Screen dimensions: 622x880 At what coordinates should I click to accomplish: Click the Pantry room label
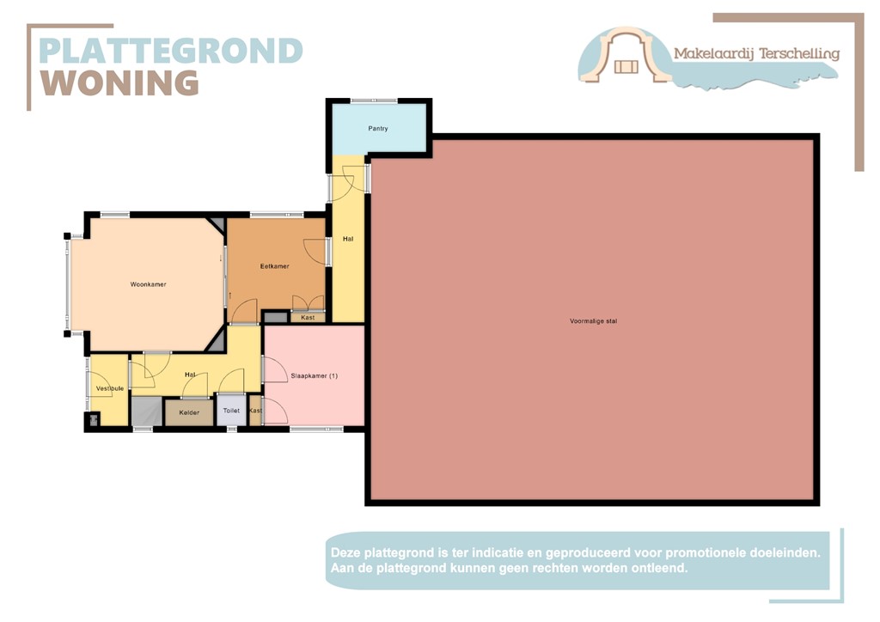tap(378, 129)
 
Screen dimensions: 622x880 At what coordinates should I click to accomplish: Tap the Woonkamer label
tap(149, 284)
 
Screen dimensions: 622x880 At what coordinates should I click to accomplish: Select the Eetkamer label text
tap(275, 266)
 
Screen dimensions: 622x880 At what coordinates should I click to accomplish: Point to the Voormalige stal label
tap(593, 321)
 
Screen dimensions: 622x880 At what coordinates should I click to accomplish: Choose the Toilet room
tap(231, 411)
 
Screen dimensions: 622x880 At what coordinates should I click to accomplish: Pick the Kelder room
tap(189, 412)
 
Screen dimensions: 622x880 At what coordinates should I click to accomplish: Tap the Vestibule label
tap(110, 388)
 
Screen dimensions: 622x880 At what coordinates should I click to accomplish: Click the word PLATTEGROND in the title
tap(171, 51)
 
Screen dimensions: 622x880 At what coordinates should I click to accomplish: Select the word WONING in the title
tap(120, 83)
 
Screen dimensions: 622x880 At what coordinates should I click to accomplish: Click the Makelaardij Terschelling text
tap(756, 53)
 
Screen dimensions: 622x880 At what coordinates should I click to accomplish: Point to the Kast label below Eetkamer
tap(308, 318)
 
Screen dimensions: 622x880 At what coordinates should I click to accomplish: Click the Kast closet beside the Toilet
tap(255, 411)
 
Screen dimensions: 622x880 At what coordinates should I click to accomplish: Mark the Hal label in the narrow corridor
tap(348, 238)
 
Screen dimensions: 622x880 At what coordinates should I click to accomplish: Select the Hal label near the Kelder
tap(191, 375)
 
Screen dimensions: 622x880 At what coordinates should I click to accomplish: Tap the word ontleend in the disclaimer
tap(659, 569)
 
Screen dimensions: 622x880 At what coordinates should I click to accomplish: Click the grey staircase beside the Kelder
tap(146, 412)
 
